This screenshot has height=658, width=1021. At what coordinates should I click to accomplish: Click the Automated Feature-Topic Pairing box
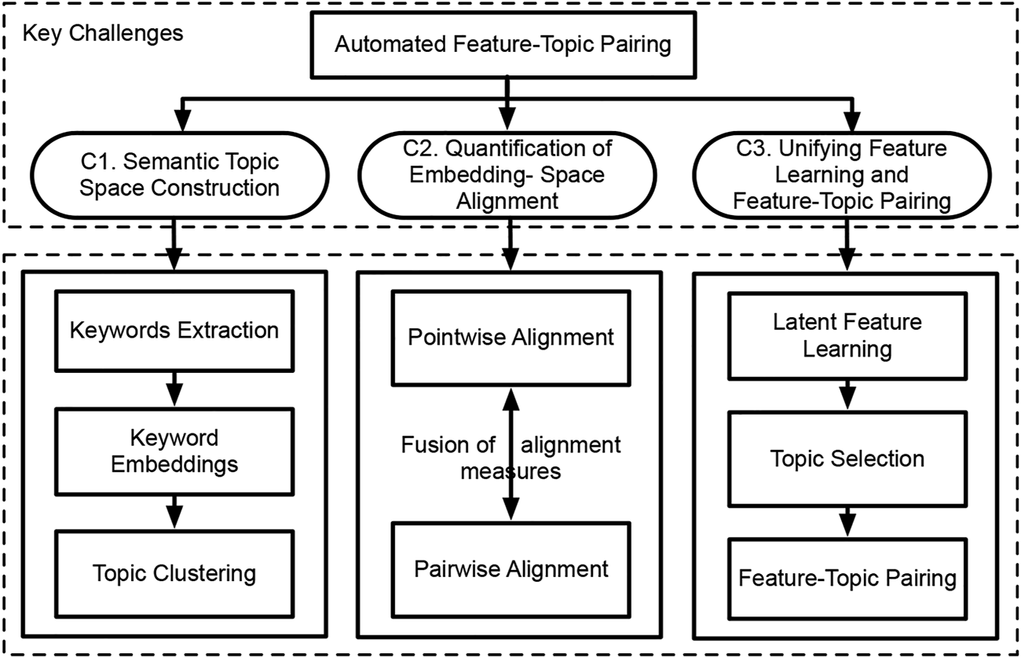pos(503,43)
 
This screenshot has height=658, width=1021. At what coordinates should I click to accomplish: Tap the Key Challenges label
pos(103,34)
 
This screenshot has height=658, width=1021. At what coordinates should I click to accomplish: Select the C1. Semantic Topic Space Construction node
pos(174,174)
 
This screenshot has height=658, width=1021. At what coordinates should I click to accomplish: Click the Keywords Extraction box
pos(174,330)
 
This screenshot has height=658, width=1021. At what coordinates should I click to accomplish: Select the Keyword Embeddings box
pos(174,451)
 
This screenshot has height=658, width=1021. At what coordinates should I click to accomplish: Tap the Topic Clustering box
pos(174,573)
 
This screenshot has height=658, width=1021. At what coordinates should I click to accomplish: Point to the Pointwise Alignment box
pos(510,338)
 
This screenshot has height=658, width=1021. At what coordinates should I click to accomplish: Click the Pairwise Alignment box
pos(510,568)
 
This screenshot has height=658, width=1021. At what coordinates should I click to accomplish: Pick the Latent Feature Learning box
pos(847,334)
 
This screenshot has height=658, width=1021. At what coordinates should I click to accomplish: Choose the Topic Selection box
pos(847,458)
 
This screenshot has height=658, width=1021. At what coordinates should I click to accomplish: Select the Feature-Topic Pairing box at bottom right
pos(847,579)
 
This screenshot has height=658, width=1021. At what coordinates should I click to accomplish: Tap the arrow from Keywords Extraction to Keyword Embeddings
pos(174,389)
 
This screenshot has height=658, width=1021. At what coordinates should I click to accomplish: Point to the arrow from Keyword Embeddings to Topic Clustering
pos(174,511)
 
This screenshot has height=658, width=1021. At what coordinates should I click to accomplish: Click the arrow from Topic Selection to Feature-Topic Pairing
pos(847,519)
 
